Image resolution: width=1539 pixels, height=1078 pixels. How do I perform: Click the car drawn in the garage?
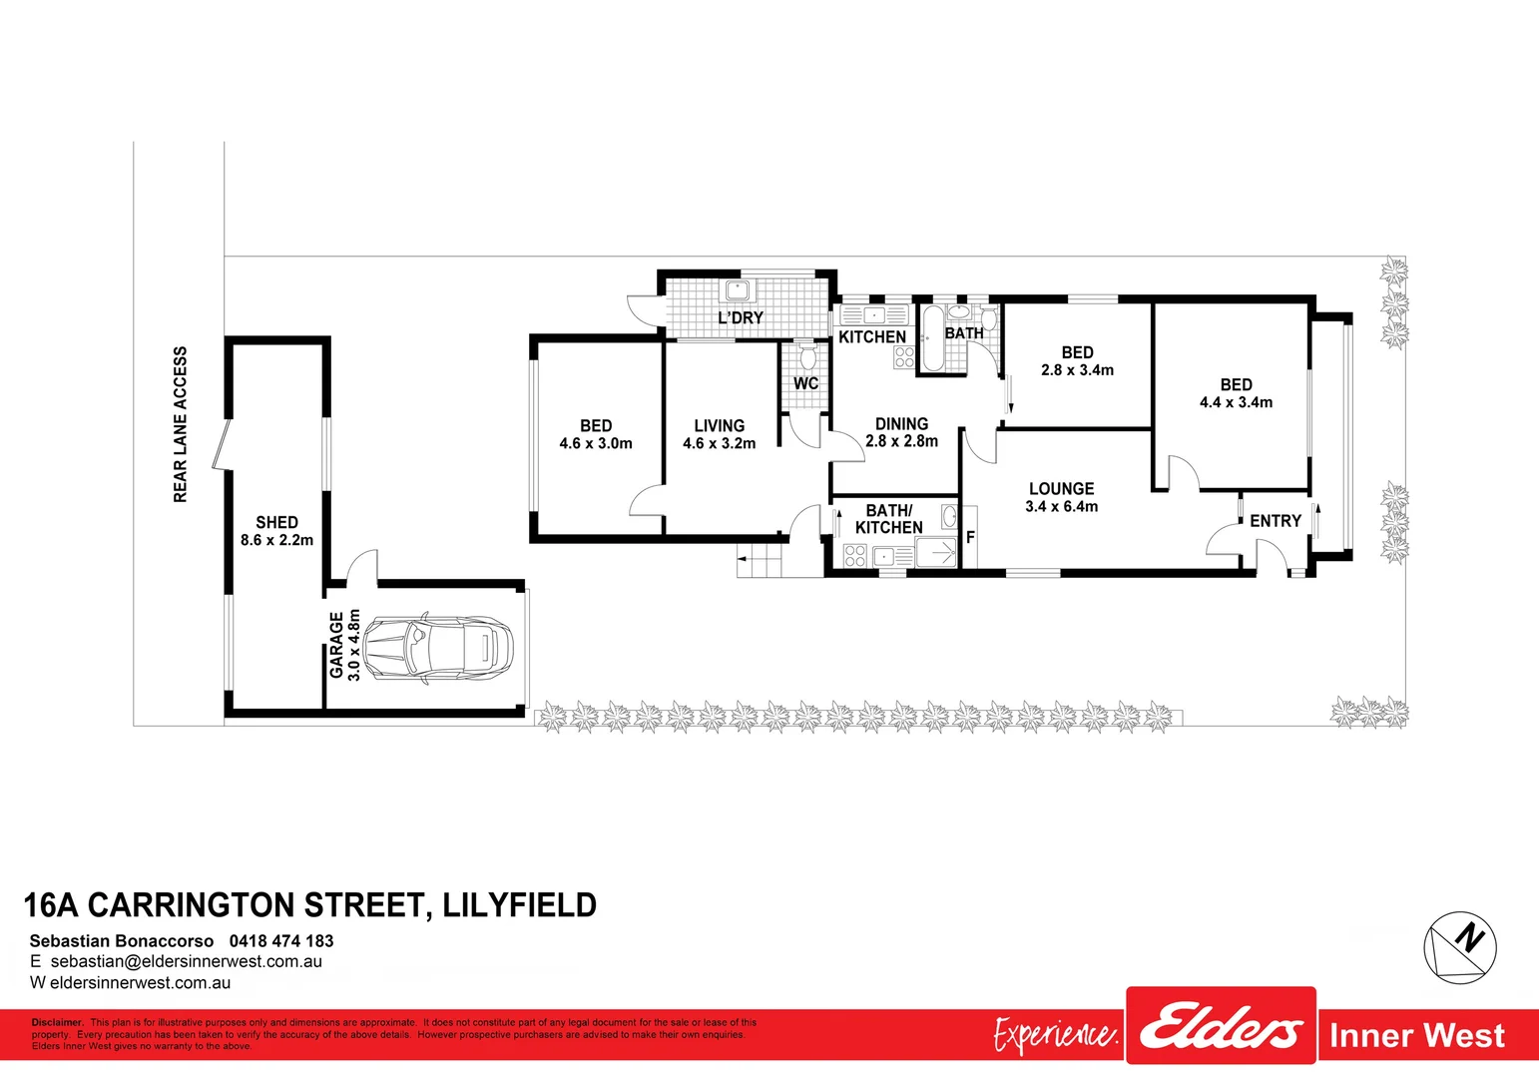point(437,649)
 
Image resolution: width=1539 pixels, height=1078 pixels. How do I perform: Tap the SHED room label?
point(276,522)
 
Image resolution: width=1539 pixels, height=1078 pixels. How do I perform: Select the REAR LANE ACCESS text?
point(181,424)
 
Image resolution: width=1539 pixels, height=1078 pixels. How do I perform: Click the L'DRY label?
point(741,317)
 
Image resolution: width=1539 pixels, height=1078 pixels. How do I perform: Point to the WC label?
point(805,383)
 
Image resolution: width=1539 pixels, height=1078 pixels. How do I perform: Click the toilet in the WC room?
point(806,356)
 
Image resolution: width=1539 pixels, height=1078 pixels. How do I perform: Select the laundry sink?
point(738,290)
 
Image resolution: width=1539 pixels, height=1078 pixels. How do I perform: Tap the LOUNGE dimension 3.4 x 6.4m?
point(1061,507)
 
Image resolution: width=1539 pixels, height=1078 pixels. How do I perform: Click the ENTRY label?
point(1275,521)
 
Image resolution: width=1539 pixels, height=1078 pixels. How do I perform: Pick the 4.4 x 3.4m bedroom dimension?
point(1236,402)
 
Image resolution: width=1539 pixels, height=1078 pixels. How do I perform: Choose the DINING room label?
point(901,424)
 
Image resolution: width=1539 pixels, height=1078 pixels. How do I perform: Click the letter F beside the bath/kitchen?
point(970,537)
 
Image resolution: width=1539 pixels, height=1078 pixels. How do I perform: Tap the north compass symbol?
point(1459,943)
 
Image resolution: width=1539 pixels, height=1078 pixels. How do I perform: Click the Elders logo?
point(1221,1028)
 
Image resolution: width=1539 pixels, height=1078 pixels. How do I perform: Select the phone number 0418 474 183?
point(281,941)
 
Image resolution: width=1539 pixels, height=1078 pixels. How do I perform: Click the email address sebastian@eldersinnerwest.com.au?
point(186,962)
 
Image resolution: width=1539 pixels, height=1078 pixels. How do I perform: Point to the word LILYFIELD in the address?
point(519,905)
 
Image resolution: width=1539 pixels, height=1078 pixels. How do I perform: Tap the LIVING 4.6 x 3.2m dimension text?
point(719,443)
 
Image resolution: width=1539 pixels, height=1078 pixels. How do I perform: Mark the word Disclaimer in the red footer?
point(57,1022)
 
